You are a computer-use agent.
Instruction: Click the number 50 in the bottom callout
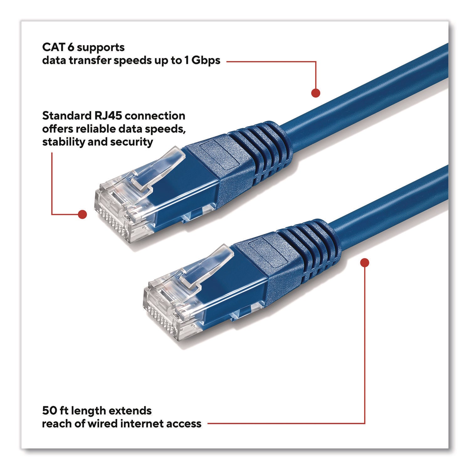(49, 410)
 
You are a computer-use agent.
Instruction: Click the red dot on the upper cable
(316, 93)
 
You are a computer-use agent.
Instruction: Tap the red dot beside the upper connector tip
(82, 214)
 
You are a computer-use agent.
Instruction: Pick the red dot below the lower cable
(365, 263)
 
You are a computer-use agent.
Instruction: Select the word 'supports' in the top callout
(100, 48)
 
